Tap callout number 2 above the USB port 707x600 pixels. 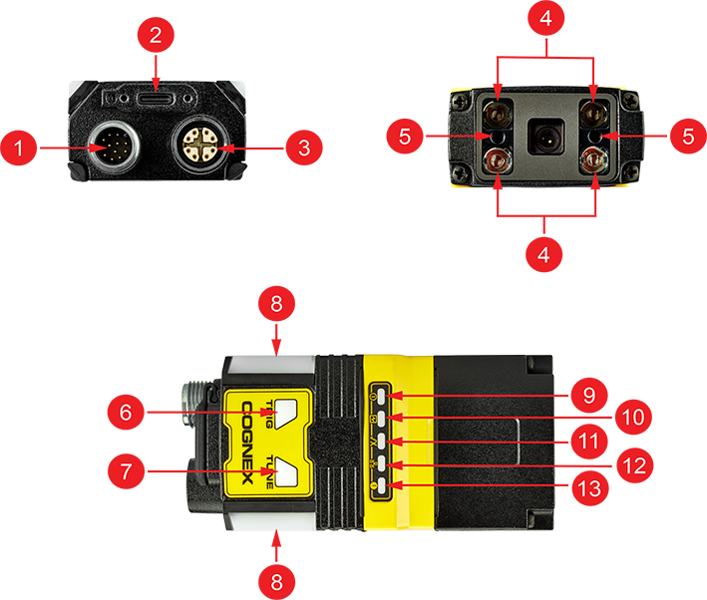[x=156, y=36]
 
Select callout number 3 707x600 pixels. [x=304, y=150]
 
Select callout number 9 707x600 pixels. [x=589, y=396]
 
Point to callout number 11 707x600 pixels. [x=589, y=442]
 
